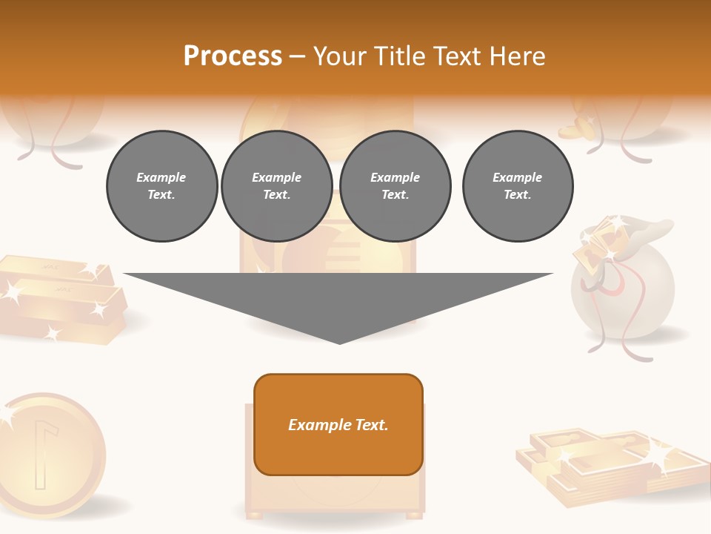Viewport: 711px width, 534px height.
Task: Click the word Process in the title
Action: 233,56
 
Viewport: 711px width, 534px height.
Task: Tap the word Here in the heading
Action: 517,56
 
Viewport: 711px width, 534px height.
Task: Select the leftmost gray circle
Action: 162,186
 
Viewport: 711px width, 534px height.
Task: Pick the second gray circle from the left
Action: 277,186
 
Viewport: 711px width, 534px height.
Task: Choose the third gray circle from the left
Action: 395,186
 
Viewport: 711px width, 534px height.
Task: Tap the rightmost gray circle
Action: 518,186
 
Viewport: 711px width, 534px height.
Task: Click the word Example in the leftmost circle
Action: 161,177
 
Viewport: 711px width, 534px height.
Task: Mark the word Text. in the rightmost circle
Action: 518,195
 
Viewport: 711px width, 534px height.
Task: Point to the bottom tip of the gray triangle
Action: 339,343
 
